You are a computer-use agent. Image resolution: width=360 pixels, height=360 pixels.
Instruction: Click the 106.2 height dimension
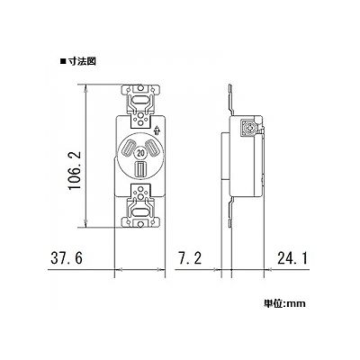click(x=75, y=170)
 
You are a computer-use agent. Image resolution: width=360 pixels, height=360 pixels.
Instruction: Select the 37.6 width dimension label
click(x=67, y=258)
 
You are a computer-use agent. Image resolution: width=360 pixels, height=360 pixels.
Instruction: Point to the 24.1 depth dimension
click(x=292, y=258)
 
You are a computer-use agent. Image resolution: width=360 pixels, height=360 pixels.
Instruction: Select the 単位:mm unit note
click(x=284, y=303)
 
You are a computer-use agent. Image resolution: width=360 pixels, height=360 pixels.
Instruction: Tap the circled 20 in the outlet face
click(x=140, y=153)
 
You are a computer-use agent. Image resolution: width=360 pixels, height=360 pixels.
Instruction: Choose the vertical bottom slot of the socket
click(x=140, y=168)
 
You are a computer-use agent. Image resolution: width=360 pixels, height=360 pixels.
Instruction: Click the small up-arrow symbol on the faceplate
click(x=157, y=130)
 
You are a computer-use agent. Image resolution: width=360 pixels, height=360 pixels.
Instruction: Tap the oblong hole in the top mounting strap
click(x=140, y=99)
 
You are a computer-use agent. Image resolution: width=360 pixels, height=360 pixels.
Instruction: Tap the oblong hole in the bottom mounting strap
click(x=140, y=212)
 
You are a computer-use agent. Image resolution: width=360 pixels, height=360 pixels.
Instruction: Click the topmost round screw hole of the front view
click(x=140, y=89)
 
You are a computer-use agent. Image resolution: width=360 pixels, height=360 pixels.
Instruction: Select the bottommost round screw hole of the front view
click(x=140, y=223)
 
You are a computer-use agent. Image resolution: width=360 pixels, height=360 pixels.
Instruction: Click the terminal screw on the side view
click(x=248, y=129)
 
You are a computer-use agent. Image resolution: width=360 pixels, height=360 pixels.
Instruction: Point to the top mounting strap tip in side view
click(x=229, y=85)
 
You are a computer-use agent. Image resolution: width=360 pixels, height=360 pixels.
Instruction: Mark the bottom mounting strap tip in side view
click(x=229, y=226)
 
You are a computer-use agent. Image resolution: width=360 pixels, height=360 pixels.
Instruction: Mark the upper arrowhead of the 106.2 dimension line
click(x=86, y=87)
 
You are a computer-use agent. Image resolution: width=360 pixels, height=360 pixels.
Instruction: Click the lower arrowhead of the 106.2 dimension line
click(x=86, y=225)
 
